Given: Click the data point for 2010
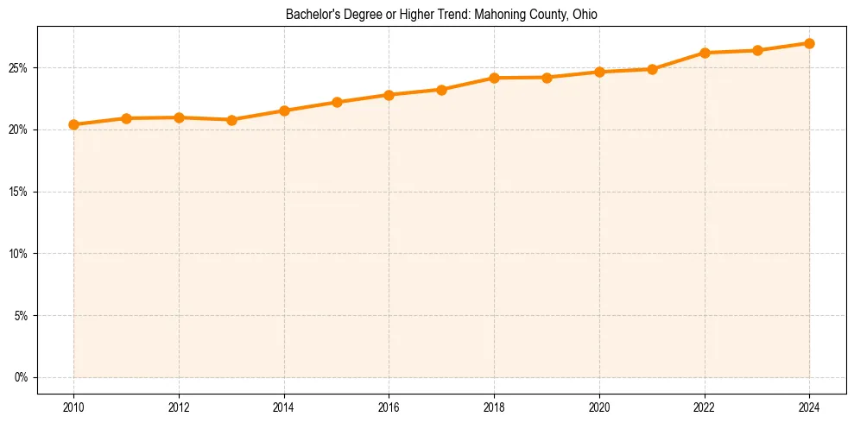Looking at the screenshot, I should click(x=73, y=124).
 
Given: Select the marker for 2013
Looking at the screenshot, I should click(x=231, y=120).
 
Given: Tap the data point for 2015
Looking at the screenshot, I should click(x=337, y=102).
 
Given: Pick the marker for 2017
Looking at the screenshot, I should click(x=441, y=90).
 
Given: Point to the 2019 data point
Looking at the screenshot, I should click(x=547, y=78).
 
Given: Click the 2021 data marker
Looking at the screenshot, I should click(x=652, y=69).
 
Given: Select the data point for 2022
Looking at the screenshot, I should click(x=705, y=53).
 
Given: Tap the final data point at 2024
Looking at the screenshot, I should click(x=809, y=43).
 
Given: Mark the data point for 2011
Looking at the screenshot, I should click(x=126, y=118).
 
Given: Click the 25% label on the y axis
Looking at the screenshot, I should click(x=19, y=67).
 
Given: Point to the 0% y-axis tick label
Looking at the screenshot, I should click(x=22, y=377).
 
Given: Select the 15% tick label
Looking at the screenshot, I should click(x=19, y=192).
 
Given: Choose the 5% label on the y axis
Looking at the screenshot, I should click(x=22, y=315).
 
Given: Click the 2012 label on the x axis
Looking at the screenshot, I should click(x=179, y=407).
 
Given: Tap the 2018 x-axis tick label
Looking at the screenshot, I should click(x=494, y=407).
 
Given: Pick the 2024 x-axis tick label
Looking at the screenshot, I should click(x=809, y=407).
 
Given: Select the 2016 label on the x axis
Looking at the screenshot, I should click(x=389, y=407).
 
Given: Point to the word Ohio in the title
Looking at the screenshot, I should click(x=584, y=15).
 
